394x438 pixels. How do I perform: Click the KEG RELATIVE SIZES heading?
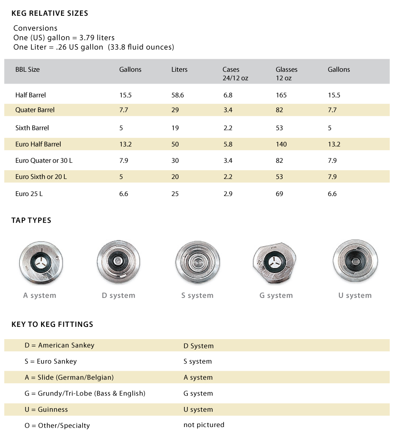(x=50, y=13)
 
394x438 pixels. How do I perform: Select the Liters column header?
(x=180, y=69)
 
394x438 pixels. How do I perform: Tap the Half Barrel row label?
(x=31, y=95)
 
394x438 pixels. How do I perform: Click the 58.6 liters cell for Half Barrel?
(x=178, y=95)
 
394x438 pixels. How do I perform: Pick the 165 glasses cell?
(x=281, y=95)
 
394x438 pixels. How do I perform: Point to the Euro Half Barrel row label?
(x=38, y=144)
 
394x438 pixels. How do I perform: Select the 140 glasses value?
(x=281, y=144)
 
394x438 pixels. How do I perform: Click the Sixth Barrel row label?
(x=32, y=128)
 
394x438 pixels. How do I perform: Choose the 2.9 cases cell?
(x=228, y=193)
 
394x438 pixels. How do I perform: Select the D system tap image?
(x=118, y=262)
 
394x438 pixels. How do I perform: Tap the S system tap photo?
(x=197, y=262)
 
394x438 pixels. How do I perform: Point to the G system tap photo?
(x=275, y=263)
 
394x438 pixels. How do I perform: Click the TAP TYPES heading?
(x=31, y=220)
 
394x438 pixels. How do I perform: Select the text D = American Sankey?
(x=59, y=345)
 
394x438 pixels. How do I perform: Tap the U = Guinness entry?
(x=46, y=410)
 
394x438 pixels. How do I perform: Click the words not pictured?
(x=204, y=425)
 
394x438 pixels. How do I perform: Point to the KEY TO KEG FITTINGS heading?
(x=52, y=324)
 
